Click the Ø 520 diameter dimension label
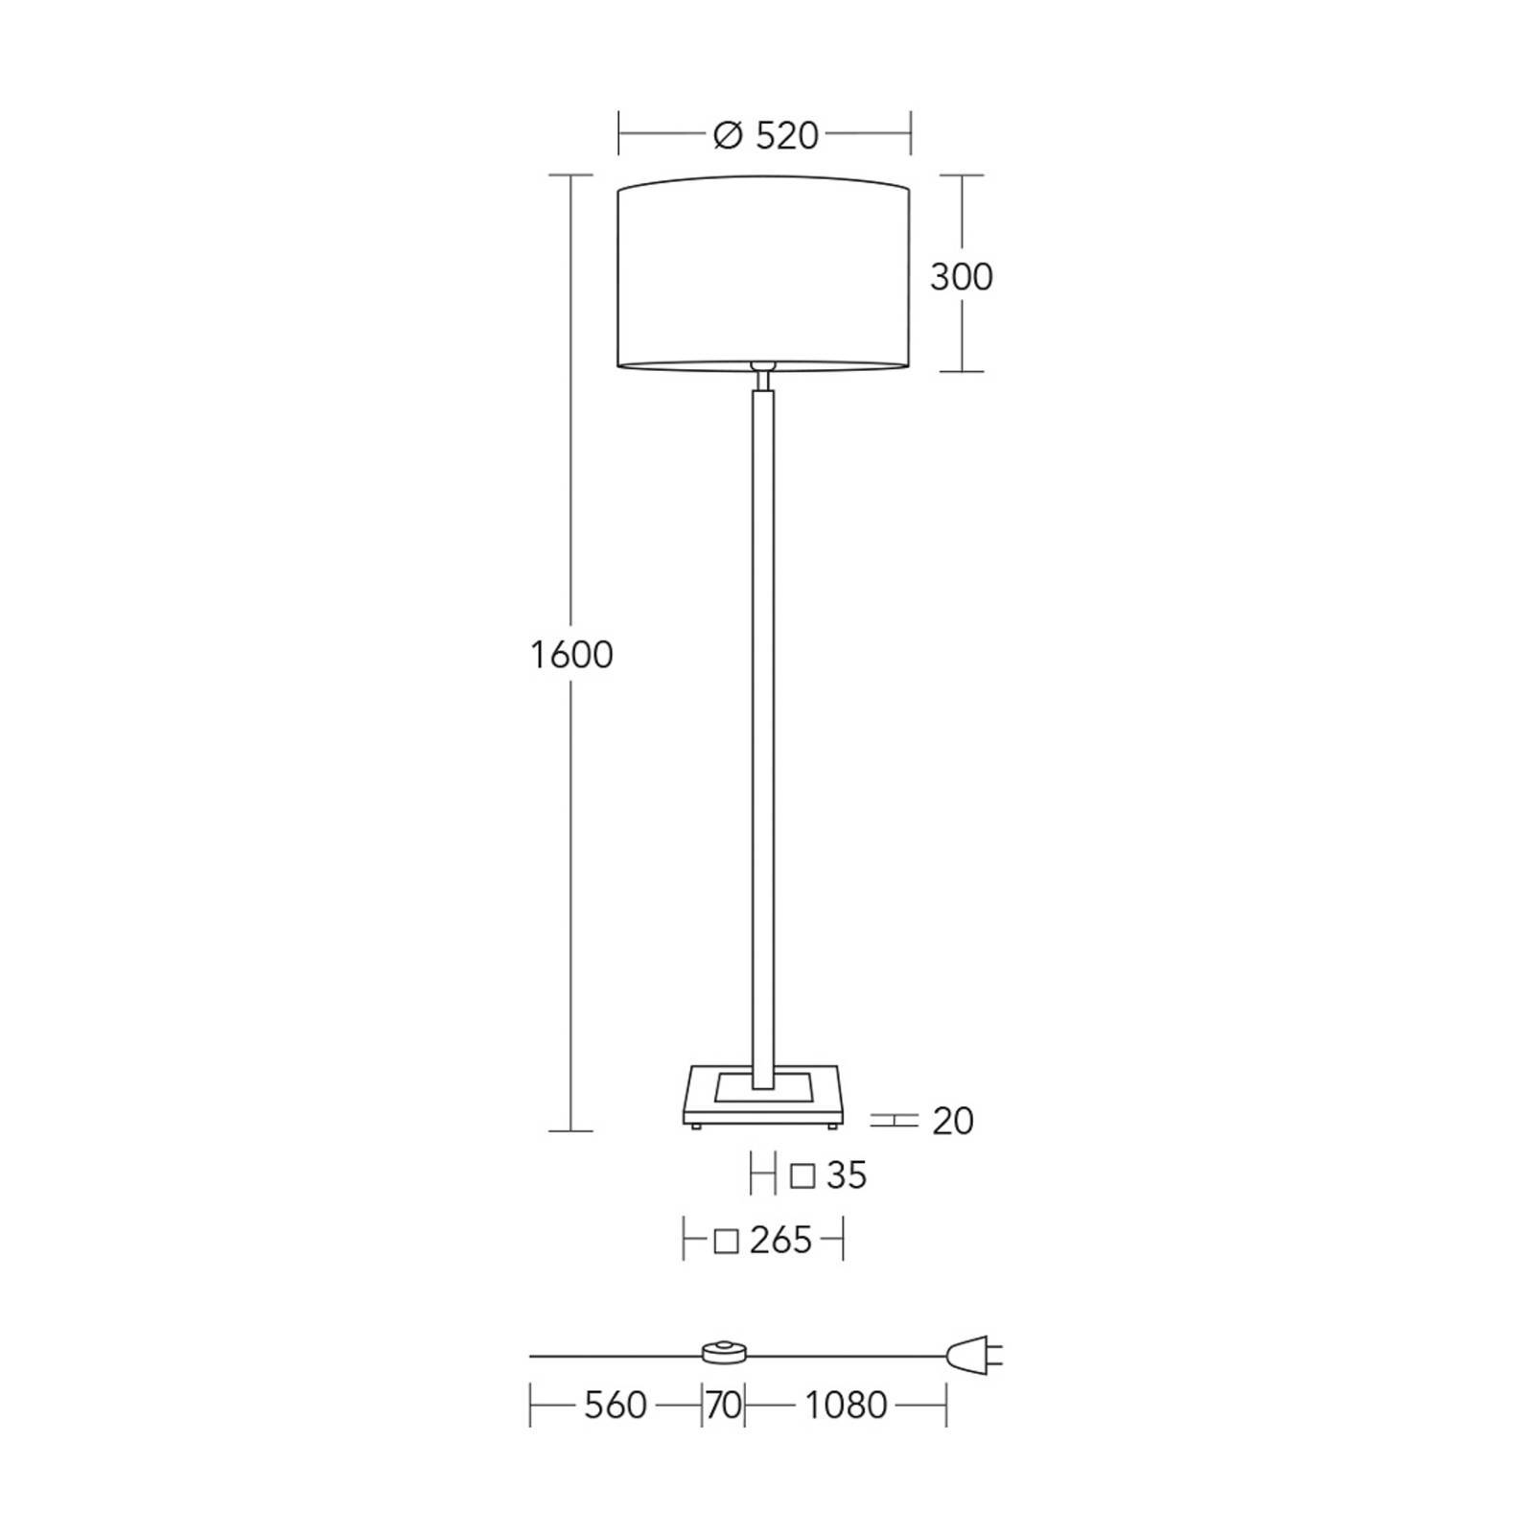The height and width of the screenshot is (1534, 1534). (766, 136)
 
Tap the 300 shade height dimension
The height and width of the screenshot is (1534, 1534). (961, 277)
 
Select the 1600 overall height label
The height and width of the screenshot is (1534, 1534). (571, 655)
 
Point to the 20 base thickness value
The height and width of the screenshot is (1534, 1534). (953, 1121)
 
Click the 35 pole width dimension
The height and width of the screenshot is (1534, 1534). (847, 1175)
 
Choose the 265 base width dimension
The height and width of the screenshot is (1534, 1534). (780, 1241)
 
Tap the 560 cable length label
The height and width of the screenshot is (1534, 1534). (616, 1406)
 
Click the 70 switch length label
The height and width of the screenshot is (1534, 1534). (724, 1406)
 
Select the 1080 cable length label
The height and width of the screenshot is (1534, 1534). (846, 1406)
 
